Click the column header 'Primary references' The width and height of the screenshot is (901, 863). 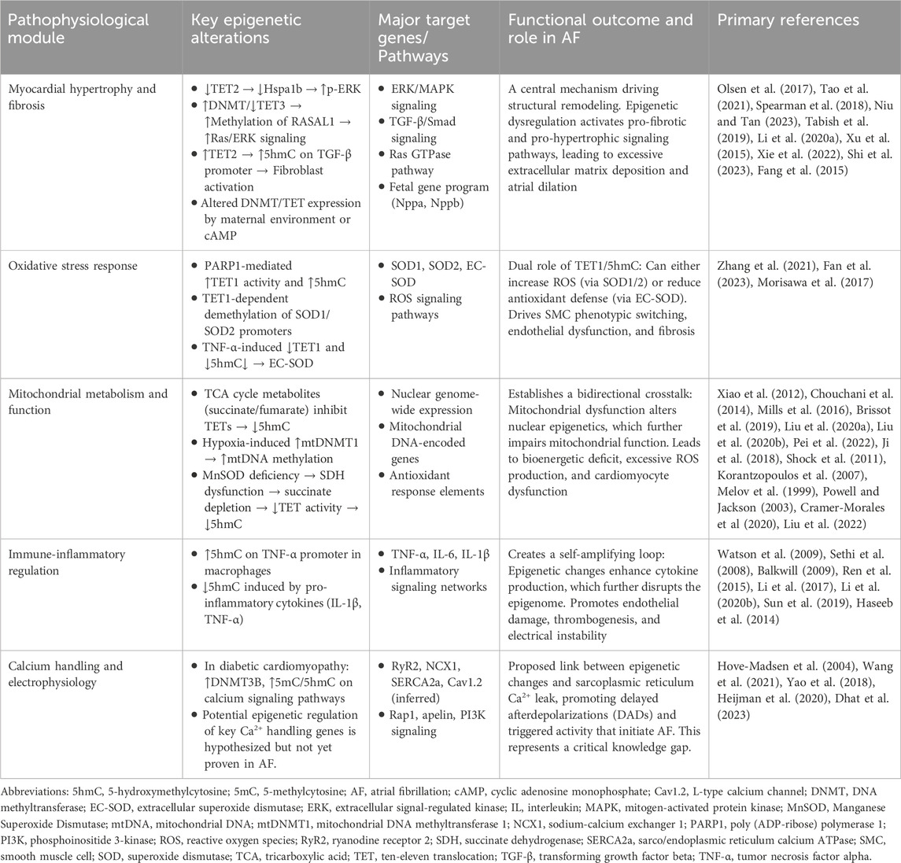pos(788,20)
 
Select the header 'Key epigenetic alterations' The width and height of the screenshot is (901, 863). pos(240,29)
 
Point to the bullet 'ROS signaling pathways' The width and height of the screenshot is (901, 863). pos(434,307)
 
